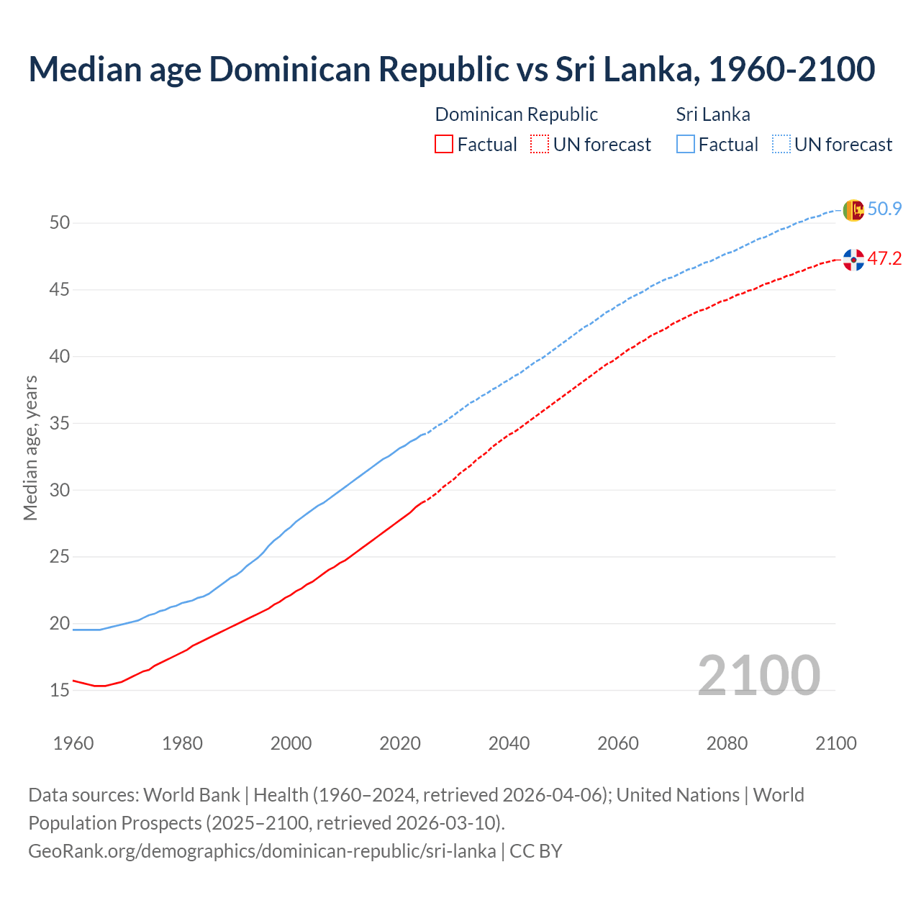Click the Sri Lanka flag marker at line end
click(x=853, y=210)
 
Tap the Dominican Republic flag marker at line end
click(x=853, y=260)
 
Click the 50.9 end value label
click(x=884, y=209)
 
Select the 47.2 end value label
click(x=884, y=259)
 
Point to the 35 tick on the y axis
click(x=60, y=424)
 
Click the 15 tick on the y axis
click(x=60, y=691)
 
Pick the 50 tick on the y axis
click(x=60, y=223)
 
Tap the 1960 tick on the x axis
click(x=73, y=743)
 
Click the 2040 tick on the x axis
click(x=509, y=743)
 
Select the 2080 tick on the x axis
click(x=727, y=743)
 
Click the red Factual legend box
click(x=444, y=145)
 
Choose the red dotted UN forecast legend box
click(x=540, y=145)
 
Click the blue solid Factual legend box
click(x=686, y=145)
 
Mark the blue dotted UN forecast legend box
click(x=781, y=145)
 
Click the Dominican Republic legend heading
click(x=516, y=114)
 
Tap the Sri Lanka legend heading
click(x=713, y=114)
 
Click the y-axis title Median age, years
click(x=30, y=448)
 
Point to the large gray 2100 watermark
click(x=758, y=675)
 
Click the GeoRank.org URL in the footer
click(x=262, y=851)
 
